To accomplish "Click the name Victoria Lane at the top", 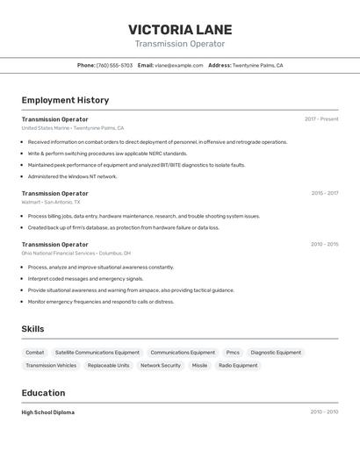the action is pos(179,29).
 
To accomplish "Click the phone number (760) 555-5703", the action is pos(114,65).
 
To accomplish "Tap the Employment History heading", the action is pos(65,100).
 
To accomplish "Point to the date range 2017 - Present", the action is pos(321,119).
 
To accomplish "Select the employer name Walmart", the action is pos(32,202).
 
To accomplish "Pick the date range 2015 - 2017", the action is pos(324,193).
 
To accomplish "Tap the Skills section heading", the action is pos(33,329).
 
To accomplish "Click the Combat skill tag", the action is pos(35,353).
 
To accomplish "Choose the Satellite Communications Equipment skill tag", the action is pos(97,353).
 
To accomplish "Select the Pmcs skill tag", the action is pos(233,353).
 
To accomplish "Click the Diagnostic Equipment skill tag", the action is pos(276,353).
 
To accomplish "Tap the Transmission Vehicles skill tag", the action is pos(51,365).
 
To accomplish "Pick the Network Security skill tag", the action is pos(161,365).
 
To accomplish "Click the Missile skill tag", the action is pos(199,365).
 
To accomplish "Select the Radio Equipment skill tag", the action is pos(238,365).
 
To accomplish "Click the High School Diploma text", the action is pos(48,412).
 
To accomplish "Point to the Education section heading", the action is pos(43,393).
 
